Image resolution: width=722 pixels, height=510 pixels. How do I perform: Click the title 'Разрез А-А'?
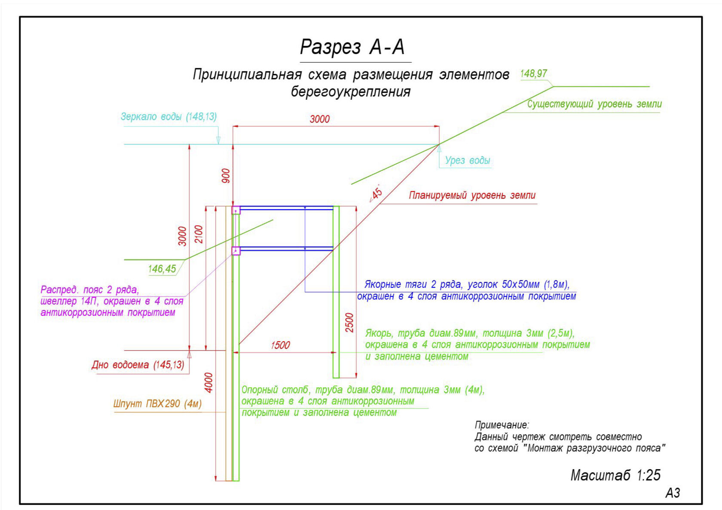tap(352, 47)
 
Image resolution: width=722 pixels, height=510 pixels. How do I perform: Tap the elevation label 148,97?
tap(533, 73)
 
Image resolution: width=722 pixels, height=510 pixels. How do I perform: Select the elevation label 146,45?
tap(162, 269)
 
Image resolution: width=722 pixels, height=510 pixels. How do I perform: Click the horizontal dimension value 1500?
tap(280, 345)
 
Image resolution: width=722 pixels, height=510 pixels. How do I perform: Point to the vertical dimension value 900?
tap(226, 176)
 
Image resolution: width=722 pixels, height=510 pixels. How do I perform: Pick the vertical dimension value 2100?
tap(199, 234)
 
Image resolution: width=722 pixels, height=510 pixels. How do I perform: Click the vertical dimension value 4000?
tap(209, 383)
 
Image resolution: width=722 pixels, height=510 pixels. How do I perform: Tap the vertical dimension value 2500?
tap(349, 323)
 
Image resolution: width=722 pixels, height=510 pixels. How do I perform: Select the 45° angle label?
tap(376, 193)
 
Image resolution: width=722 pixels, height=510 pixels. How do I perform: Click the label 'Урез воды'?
tap(468, 160)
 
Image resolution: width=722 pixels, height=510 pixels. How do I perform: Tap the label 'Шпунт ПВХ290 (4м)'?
tap(157, 403)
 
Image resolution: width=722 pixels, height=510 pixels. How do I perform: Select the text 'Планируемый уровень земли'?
tap(472, 195)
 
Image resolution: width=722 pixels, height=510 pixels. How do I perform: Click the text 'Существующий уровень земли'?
tap(594, 104)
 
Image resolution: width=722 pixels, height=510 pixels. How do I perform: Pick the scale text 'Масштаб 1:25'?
tap(615, 475)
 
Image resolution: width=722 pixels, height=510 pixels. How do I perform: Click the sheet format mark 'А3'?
tap(673, 493)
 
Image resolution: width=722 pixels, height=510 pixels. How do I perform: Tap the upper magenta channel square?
tap(236, 210)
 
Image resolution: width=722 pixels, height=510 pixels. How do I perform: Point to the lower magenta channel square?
tap(236, 250)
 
